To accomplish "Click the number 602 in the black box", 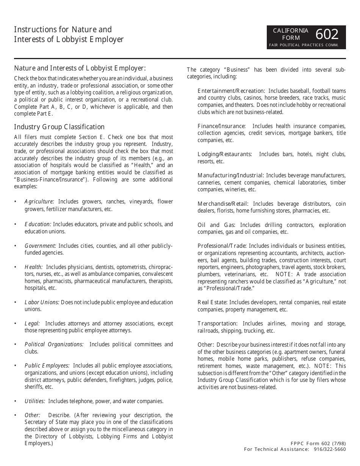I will click(327, 34).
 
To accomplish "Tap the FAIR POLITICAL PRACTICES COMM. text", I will click(307, 45).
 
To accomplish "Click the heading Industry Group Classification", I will click(59, 127).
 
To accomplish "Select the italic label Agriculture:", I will click(39, 202).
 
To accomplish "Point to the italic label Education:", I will click(38, 224).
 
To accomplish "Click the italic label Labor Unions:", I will click(42, 302).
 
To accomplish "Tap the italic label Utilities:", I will click(35, 401).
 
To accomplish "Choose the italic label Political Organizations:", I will click(54, 344).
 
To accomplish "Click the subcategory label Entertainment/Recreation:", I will click(231, 91).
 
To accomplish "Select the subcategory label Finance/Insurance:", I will click(221, 126).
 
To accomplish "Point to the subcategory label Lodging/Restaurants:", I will click(224, 154).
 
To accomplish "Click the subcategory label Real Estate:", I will click(212, 302).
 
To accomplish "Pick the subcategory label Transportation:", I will click(217, 324).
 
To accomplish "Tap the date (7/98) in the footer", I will click(338, 444).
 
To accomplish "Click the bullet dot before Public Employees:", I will click(15, 366).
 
